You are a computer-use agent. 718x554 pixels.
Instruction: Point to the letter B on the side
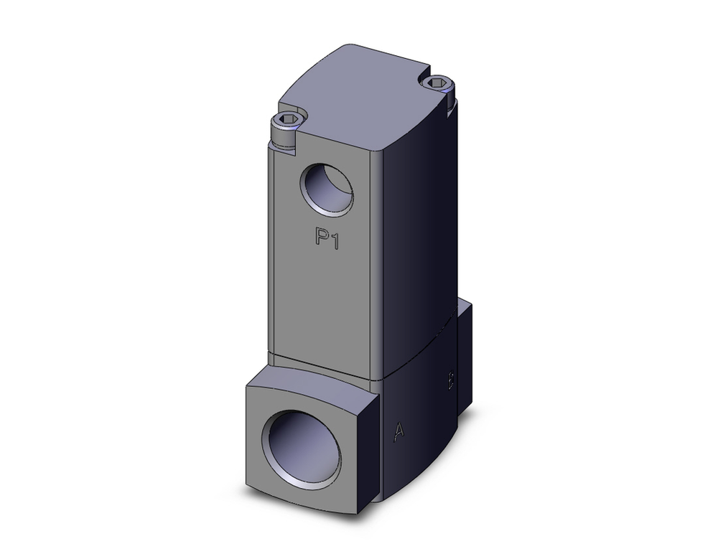click(x=450, y=380)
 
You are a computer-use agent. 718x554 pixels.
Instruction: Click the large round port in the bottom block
click(x=301, y=449)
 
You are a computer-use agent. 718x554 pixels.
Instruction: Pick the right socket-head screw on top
click(x=438, y=88)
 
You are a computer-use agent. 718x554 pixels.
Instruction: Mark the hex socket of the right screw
click(x=437, y=84)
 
